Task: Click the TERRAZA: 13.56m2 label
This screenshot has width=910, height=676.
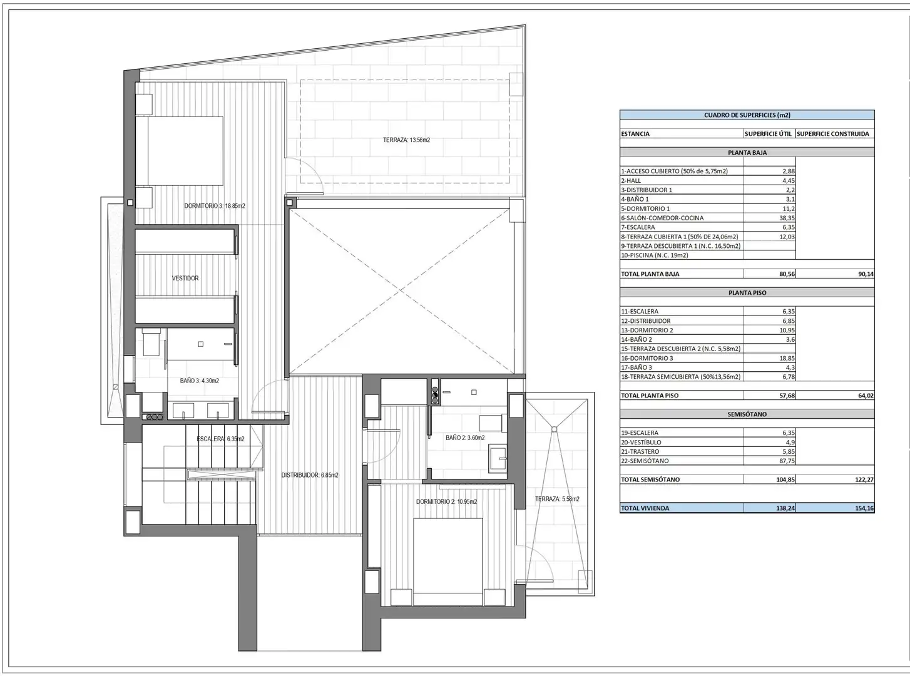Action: coord(406,140)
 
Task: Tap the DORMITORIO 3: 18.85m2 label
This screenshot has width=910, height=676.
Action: coord(215,206)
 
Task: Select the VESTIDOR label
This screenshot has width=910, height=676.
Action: coord(185,278)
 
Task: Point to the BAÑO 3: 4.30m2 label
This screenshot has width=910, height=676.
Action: coord(200,381)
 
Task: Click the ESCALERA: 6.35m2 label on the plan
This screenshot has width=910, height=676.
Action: coord(220,439)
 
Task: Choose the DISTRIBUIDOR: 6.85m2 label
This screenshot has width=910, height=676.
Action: coord(310,475)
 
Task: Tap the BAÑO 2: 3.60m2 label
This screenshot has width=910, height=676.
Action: coord(465,438)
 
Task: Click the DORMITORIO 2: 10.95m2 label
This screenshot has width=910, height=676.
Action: coord(446,501)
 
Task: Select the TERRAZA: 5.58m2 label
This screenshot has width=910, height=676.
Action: coord(557,499)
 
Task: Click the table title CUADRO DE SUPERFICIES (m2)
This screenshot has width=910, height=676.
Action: coord(747,115)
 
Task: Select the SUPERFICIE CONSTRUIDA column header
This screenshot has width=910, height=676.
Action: coord(833,134)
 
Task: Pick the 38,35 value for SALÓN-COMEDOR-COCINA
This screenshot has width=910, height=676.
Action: coord(787,218)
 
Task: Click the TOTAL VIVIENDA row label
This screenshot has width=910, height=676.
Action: coord(645,508)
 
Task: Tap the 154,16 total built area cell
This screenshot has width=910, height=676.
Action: coord(866,508)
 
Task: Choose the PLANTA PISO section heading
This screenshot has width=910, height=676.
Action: coord(747,293)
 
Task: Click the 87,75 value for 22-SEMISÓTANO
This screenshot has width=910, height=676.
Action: coord(787,461)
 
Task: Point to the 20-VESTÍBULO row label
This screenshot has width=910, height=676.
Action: coord(641,442)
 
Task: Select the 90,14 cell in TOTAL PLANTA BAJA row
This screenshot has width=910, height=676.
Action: coord(866,274)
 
